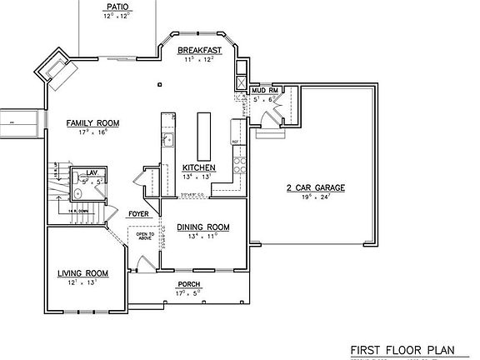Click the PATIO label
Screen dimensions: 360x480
pos(117,5)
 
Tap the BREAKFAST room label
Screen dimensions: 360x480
pos(199,50)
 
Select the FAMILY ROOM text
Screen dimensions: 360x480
pos(92,123)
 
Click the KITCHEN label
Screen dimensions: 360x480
pos(199,167)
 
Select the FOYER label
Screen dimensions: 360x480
pos(137,214)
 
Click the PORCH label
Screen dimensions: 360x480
pos(188,285)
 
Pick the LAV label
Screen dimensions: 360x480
pos(92,172)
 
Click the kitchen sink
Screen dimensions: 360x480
pos(167,139)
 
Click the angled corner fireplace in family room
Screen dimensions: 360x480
pos(57,68)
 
